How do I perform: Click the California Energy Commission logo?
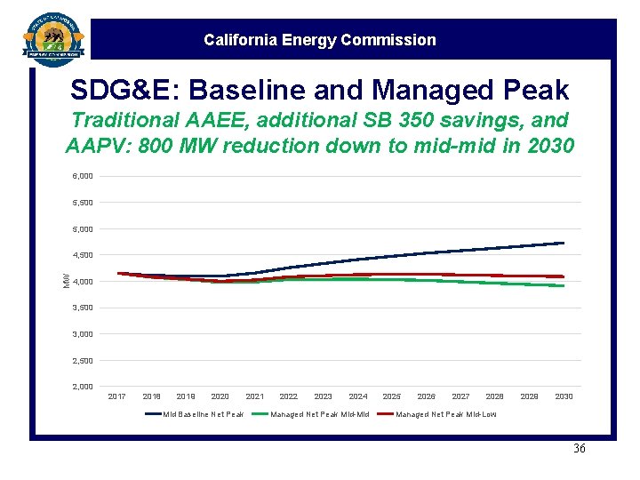pos(53,37)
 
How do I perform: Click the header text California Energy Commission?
pos(319,40)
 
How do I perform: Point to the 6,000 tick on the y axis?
pos(82,176)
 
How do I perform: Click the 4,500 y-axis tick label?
pos(82,255)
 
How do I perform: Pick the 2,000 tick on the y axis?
pos(82,387)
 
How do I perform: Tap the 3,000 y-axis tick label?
pos(82,334)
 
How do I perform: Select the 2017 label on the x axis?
pos(116,396)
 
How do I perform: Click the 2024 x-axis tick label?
pos(358,396)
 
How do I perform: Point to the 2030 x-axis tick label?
pos(564,396)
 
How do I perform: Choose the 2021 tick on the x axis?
pos(254,396)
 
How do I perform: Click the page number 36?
pos(579,449)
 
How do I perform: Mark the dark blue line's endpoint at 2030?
pos(564,243)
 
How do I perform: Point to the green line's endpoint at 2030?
pos(564,285)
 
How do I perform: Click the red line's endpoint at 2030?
pos(564,276)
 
